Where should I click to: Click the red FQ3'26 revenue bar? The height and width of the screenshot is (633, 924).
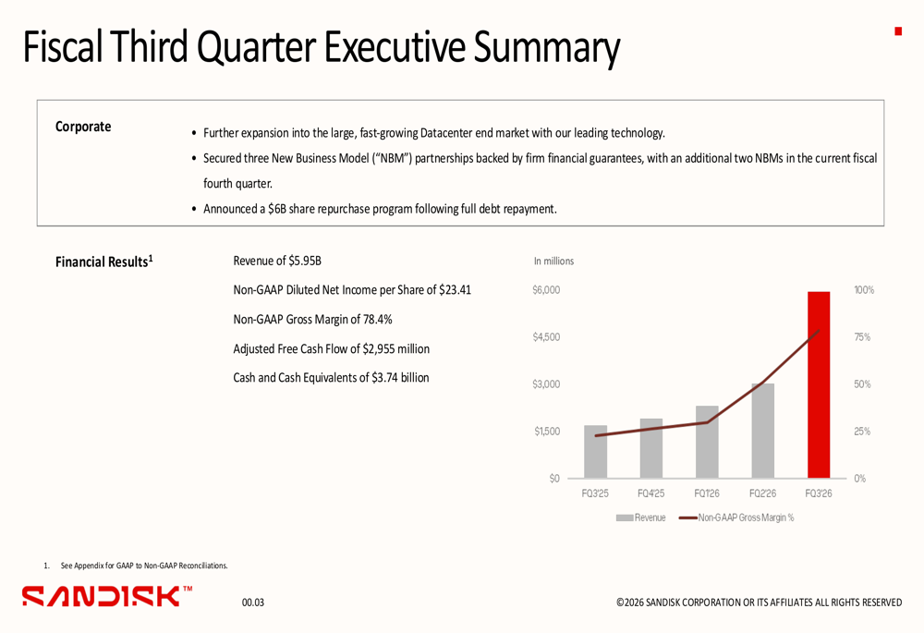pyautogui.click(x=819, y=384)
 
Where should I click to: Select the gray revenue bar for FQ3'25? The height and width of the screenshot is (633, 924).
pyautogui.click(x=595, y=452)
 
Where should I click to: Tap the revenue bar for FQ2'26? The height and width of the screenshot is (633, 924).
pyautogui.click(x=762, y=431)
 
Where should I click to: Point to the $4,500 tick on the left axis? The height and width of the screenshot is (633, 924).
pyautogui.click(x=546, y=337)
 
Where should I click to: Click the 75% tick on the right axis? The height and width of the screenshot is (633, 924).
pyautogui.click(x=862, y=337)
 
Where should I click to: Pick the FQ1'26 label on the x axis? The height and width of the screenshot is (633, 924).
pyautogui.click(x=707, y=493)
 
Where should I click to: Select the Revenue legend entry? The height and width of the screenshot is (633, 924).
pyautogui.click(x=640, y=517)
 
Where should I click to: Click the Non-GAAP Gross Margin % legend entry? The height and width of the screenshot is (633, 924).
pyautogui.click(x=736, y=517)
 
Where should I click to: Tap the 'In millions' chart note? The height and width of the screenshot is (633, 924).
pyautogui.click(x=553, y=262)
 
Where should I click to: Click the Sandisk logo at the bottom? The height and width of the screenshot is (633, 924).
pyautogui.click(x=107, y=596)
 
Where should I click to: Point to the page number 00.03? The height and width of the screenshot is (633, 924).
pyautogui.click(x=253, y=603)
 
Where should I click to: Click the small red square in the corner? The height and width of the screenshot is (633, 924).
pyautogui.click(x=898, y=31)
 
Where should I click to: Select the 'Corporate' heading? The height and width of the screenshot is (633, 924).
pyautogui.click(x=83, y=127)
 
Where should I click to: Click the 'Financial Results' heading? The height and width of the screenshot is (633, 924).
pyautogui.click(x=104, y=262)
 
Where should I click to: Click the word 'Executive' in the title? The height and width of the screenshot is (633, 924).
pyautogui.click(x=395, y=46)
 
